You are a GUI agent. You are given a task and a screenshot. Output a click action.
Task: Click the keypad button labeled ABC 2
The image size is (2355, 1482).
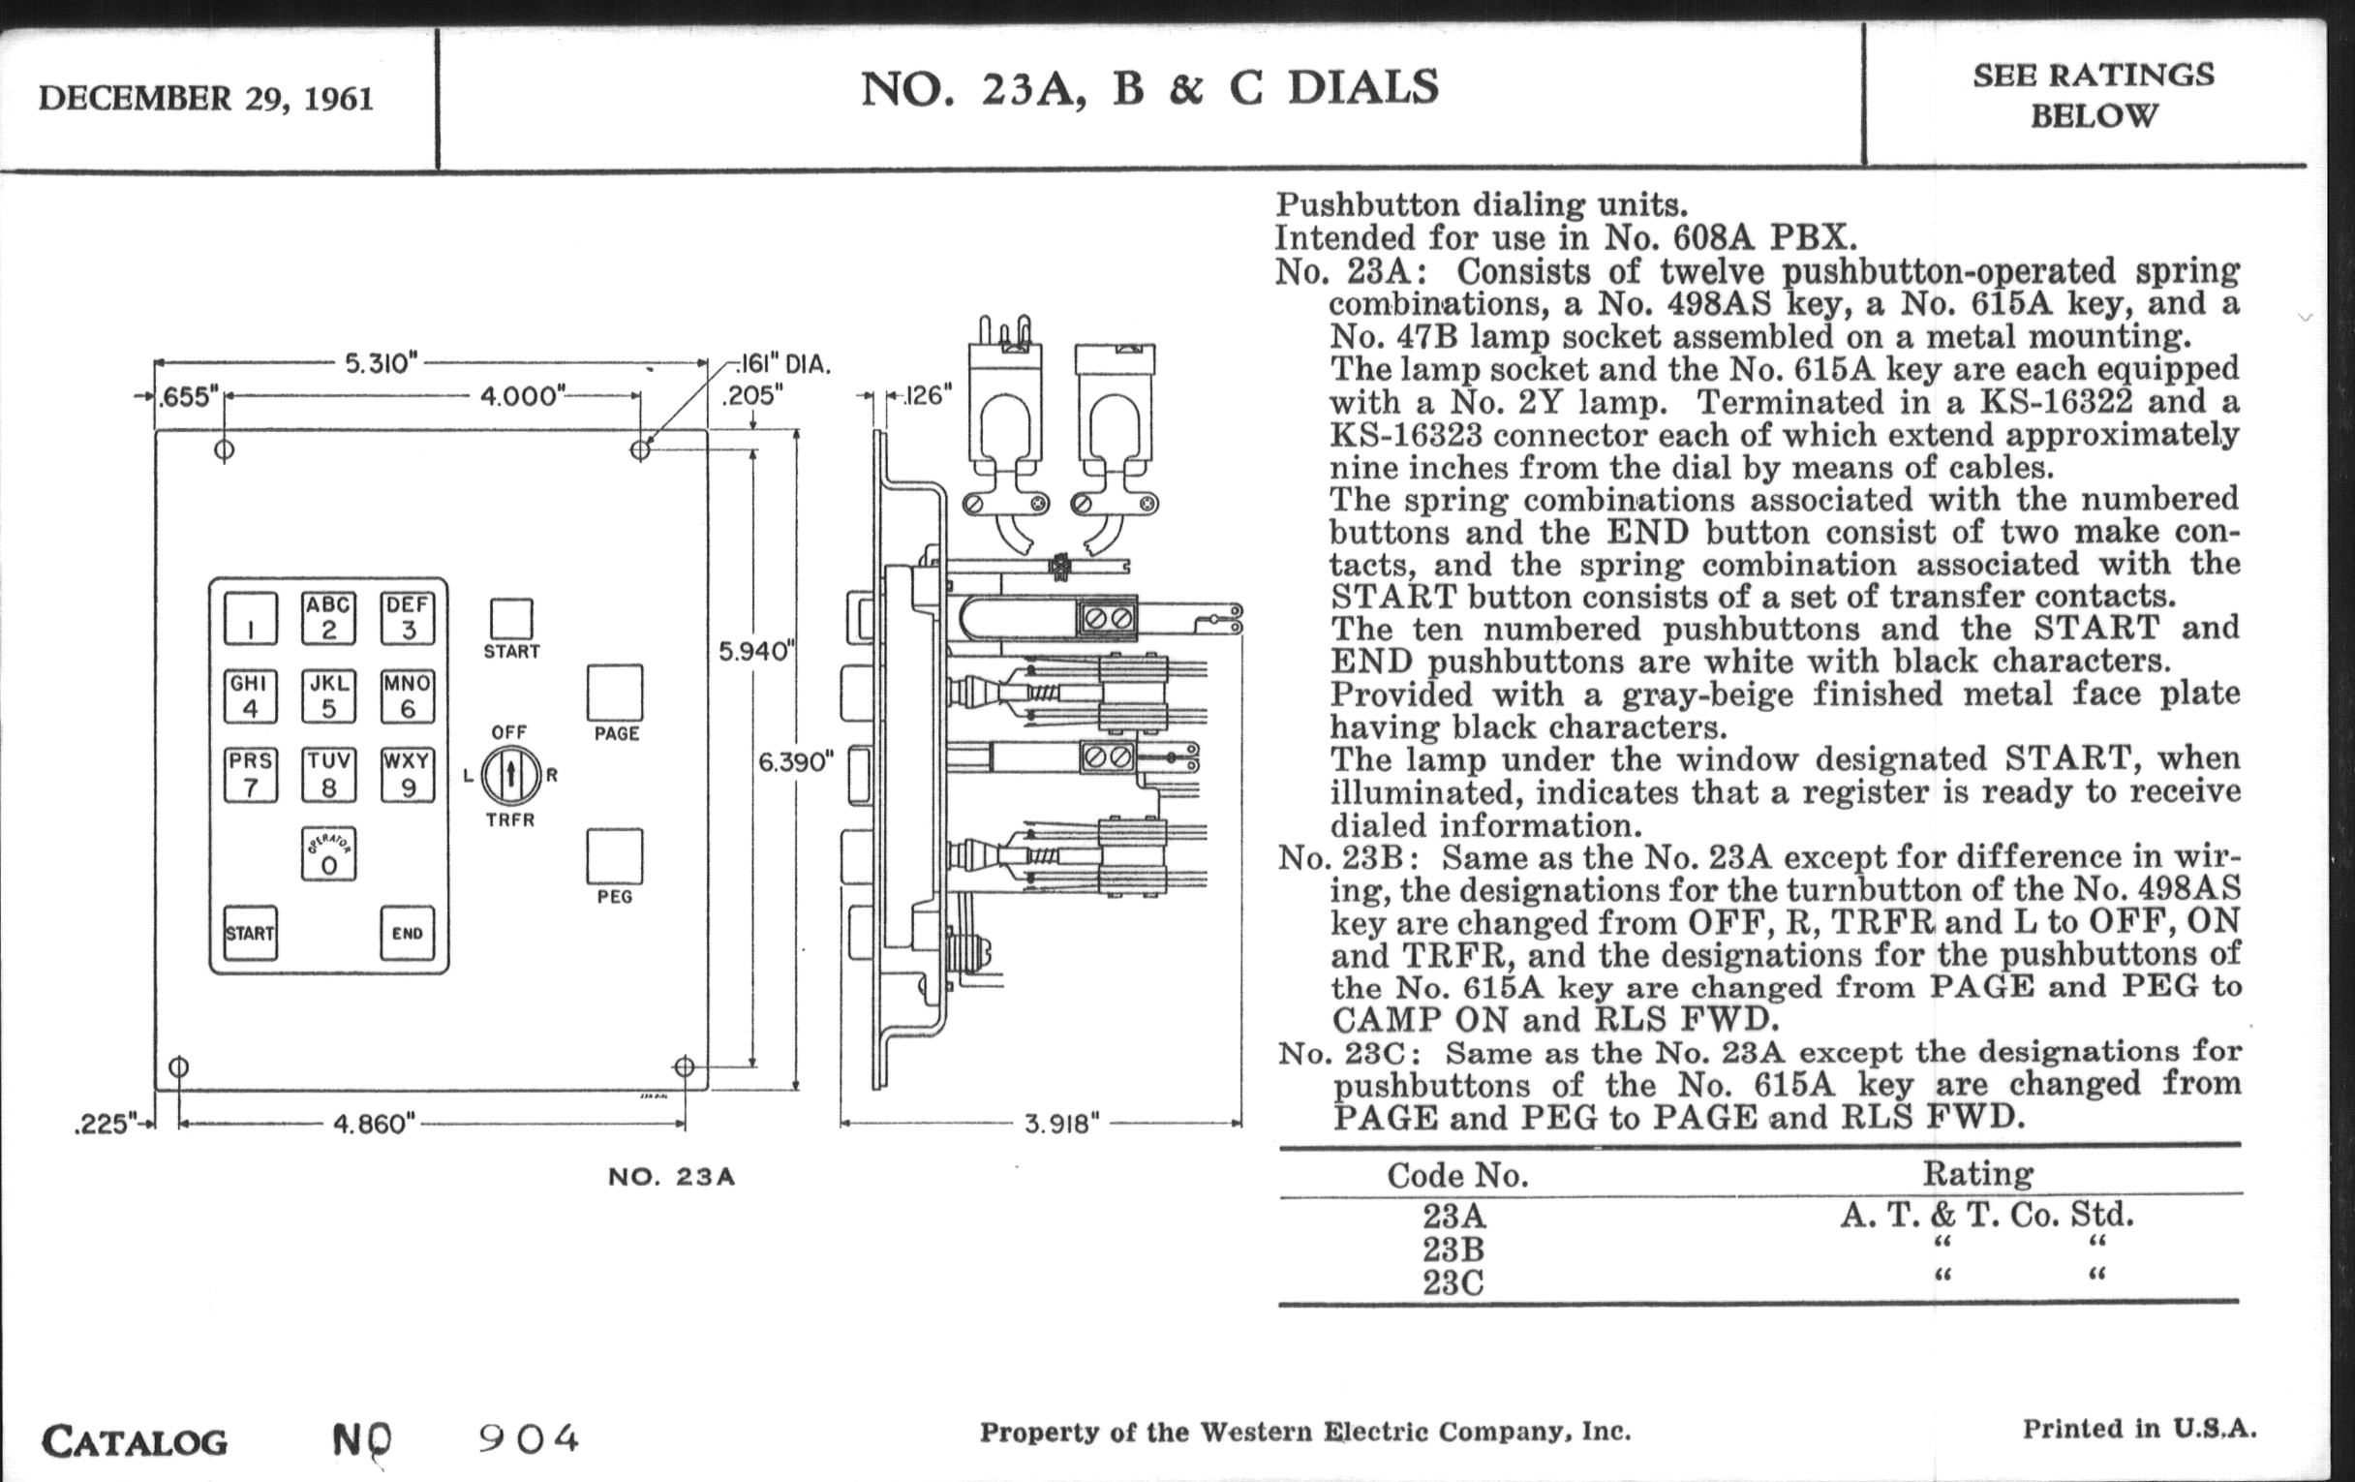(x=328, y=618)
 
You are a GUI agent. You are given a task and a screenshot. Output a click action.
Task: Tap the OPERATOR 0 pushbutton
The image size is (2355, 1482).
(x=328, y=854)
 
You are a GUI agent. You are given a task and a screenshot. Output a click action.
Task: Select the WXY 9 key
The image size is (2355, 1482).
(x=407, y=775)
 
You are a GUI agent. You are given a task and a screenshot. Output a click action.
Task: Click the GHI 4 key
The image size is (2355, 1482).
(x=251, y=696)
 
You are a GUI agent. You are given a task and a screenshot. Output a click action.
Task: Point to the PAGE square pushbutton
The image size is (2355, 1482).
(x=615, y=693)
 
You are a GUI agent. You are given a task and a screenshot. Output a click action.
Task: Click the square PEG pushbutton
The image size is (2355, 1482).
(x=615, y=856)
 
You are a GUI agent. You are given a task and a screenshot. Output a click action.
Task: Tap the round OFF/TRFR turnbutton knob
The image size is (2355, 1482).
(x=509, y=776)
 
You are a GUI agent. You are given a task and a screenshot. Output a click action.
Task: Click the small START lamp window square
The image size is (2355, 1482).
(x=510, y=619)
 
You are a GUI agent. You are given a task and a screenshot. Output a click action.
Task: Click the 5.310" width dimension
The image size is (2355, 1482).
(x=381, y=364)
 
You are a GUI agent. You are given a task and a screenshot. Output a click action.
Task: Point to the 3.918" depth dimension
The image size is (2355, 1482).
(x=1061, y=1124)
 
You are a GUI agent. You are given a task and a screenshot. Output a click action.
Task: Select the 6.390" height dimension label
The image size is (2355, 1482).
(x=795, y=762)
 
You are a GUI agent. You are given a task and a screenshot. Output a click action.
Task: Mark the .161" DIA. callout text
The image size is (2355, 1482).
(x=783, y=365)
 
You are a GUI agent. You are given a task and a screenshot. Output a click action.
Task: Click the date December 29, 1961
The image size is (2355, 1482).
(x=206, y=99)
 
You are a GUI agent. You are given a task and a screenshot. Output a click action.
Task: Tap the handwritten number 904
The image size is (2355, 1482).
(x=528, y=1438)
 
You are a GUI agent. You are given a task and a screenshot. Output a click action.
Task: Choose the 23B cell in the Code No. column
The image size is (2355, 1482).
(x=1453, y=1250)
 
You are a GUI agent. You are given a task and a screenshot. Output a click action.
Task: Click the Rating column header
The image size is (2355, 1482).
(x=1977, y=1173)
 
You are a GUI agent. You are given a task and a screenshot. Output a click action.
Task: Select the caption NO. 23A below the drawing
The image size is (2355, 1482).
(x=671, y=1177)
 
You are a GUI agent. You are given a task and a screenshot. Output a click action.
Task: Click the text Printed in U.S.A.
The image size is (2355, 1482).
(x=2139, y=1429)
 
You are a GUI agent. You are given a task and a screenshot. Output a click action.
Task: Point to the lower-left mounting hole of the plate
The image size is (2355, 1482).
(x=179, y=1066)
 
